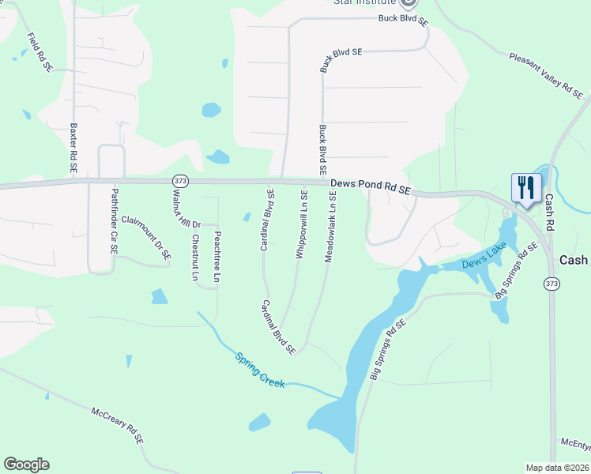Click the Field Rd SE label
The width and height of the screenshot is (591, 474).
click(40, 53)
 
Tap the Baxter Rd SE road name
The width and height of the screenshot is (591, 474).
click(73, 149)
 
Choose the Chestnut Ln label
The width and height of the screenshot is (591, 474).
click(194, 258)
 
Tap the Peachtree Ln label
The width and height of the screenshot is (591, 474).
click(217, 256)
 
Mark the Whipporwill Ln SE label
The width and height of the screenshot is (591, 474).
click(301, 223)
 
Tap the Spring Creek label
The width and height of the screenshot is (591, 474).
click(260, 369)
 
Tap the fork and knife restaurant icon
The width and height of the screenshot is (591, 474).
click(525, 188)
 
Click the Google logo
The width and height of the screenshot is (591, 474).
click(26, 465)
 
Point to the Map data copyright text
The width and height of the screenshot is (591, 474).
click(557, 468)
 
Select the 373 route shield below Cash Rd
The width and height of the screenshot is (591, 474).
click(551, 283)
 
